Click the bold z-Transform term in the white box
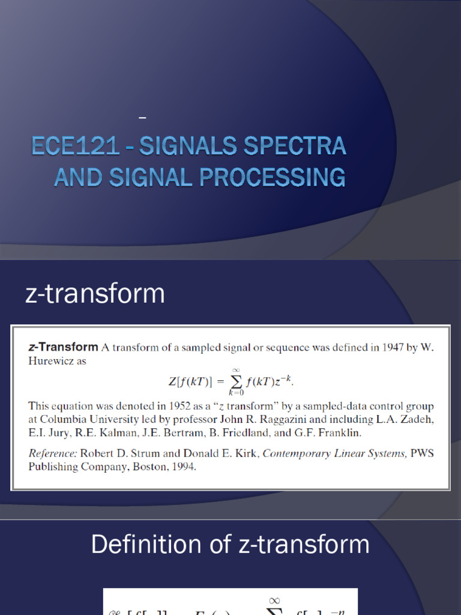63,347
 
